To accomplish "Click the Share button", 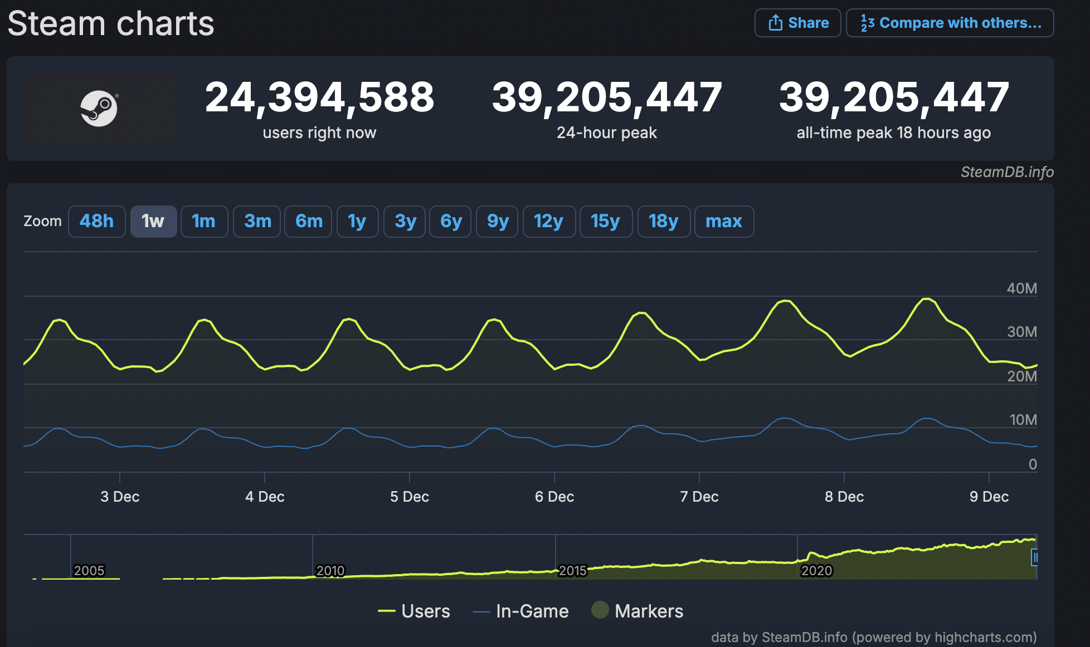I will pyautogui.click(x=797, y=23).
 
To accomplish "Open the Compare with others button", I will pyautogui.click(x=950, y=23).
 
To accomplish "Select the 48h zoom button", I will pyautogui.click(x=96, y=222).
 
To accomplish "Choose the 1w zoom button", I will pyautogui.click(x=153, y=222).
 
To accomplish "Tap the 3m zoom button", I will pyautogui.click(x=257, y=222).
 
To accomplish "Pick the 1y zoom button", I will pyautogui.click(x=357, y=222).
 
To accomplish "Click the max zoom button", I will pyautogui.click(x=723, y=222).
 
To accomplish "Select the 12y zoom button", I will pyautogui.click(x=548, y=222).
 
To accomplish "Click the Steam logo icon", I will pyautogui.click(x=99, y=109).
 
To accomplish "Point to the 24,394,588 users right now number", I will pyautogui.click(x=319, y=97).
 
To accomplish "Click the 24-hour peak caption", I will pyautogui.click(x=606, y=133).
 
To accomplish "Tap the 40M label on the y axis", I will pyautogui.click(x=1021, y=288).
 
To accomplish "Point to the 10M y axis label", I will pyautogui.click(x=1023, y=420).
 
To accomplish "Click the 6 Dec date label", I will pyautogui.click(x=554, y=497).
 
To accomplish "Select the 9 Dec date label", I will pyautogui.click(x=989, y=497).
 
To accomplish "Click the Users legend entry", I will pyautogui.click(x=415, y=611).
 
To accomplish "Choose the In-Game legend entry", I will pyautogui.click(x=521, y=611).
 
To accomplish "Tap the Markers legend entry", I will pyautogui.click(x=638, y=611).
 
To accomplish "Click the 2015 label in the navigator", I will pyautogui.click(x=572, y=571).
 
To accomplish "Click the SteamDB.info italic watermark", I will pyautogui.click(x=1007, y=172).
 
